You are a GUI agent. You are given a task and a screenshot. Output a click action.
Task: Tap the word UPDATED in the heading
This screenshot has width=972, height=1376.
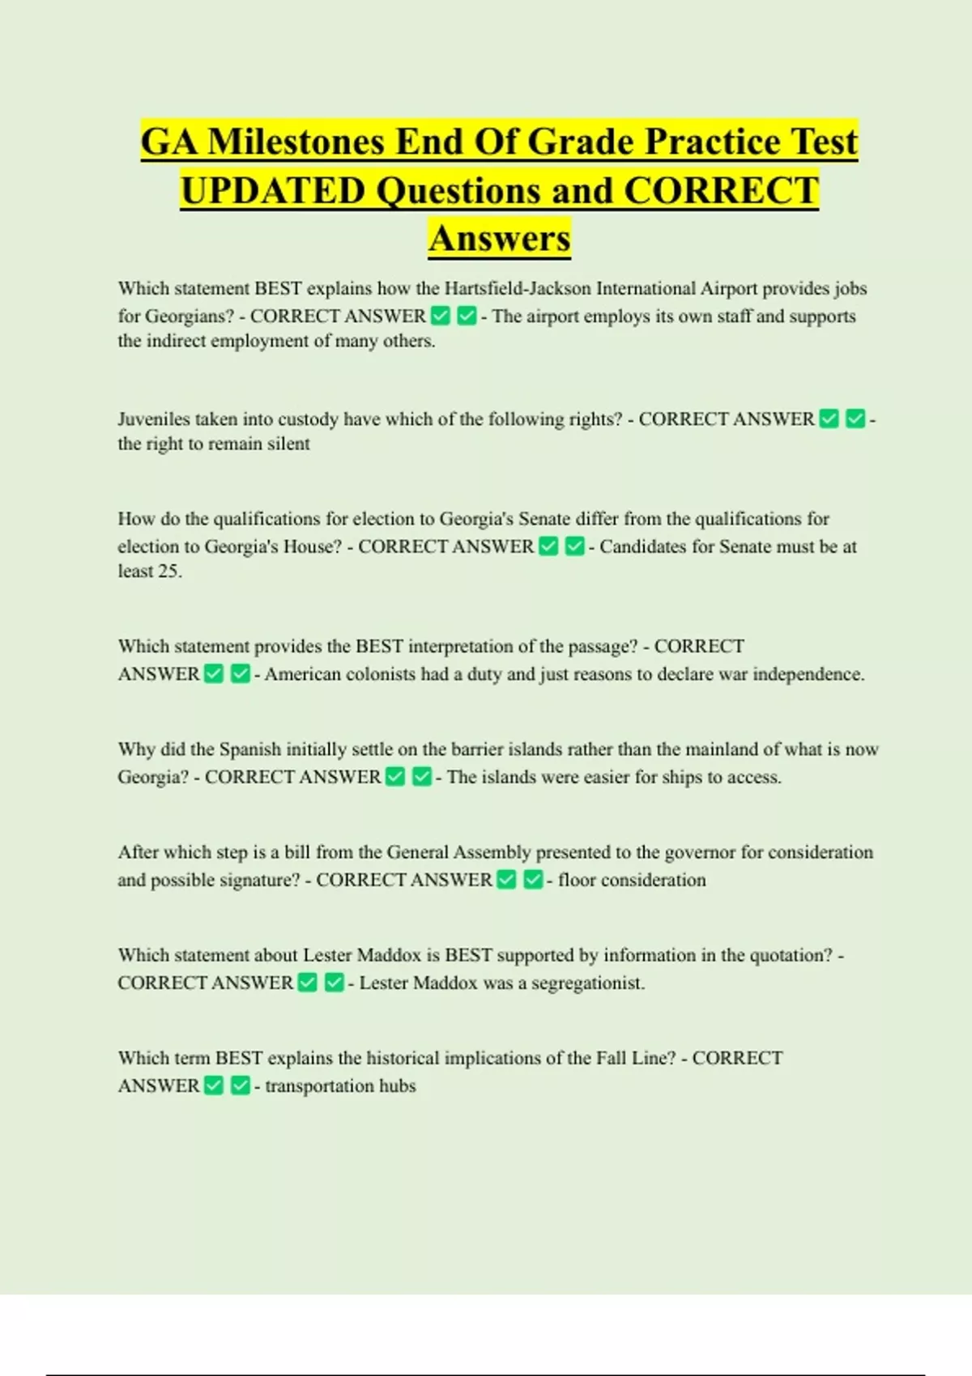pos(273,191)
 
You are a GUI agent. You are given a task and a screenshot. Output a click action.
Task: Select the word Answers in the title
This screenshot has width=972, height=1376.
pos(500,238)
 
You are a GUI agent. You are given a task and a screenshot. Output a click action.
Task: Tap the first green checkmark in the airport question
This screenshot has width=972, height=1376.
pos(441,316)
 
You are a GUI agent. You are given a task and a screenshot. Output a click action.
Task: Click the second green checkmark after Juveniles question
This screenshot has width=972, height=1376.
pos(855,418)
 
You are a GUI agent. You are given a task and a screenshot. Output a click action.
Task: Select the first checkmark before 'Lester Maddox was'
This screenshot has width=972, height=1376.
pos(308,983)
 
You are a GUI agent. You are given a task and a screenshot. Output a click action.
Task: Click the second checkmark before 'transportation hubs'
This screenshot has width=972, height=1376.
pos(240,1085)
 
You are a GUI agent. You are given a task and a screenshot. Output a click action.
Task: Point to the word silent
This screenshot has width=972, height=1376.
pos(288,444)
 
